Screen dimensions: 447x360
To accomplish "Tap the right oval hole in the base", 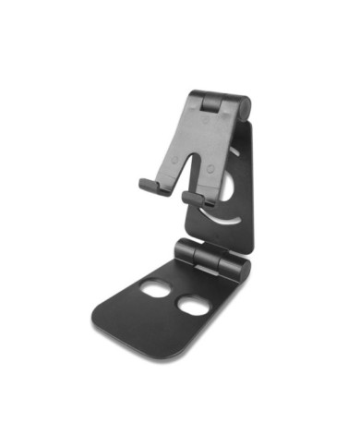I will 194,305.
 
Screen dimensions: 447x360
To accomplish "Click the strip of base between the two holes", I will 175,297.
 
